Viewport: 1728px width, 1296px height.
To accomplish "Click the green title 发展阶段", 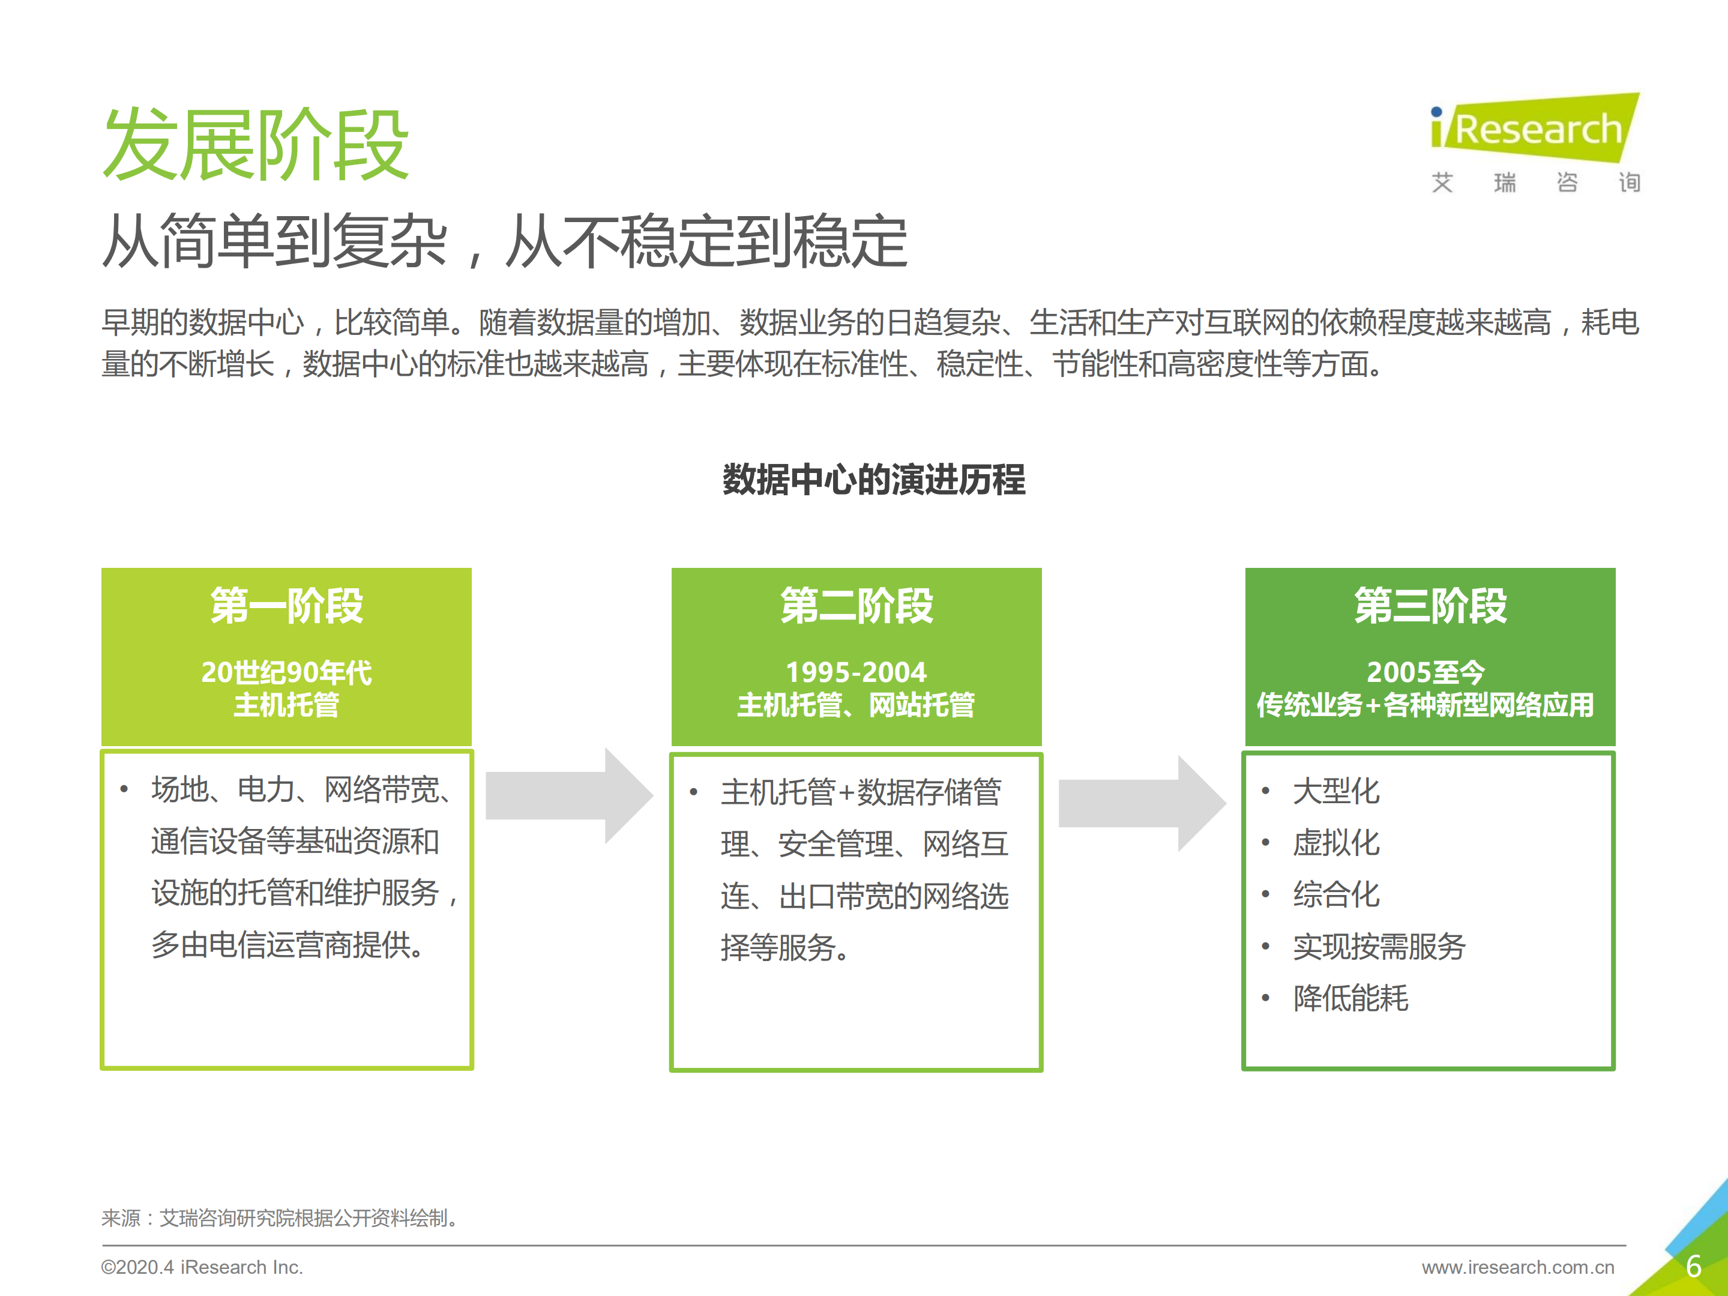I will [x=256, y=145].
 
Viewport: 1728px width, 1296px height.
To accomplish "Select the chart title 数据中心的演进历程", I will [x=873, y=480].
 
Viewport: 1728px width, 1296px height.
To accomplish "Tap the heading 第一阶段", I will [x=287, y=606].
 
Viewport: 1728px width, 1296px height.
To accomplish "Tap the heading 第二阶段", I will [x=856, y=606].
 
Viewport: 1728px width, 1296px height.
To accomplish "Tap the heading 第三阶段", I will [x=1430, y=606].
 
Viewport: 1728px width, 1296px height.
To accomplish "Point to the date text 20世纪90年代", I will [x=287, y=672].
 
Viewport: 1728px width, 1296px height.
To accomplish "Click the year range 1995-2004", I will [x=856, y=672].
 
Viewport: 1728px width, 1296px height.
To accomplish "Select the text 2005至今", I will [x=1425, y=672].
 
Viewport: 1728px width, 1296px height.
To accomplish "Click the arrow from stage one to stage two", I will [x=569, y=795].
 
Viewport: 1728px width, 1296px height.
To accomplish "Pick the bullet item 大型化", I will [x=1336, y=791].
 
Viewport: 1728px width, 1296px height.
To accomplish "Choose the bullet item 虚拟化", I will [x=1336, y=843].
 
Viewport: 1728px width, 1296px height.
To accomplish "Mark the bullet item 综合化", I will [x=1336, y=894].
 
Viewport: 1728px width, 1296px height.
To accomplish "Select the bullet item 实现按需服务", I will [x=1379, y=947].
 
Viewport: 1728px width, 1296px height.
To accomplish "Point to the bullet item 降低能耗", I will [x=1350, y=998].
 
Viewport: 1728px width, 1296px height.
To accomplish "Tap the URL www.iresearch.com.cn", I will [x=1517, y=1267].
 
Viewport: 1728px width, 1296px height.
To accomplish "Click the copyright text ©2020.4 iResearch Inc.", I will [x=202, y=1267].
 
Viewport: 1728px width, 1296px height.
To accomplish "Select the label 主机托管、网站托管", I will [x=856, y=705].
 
